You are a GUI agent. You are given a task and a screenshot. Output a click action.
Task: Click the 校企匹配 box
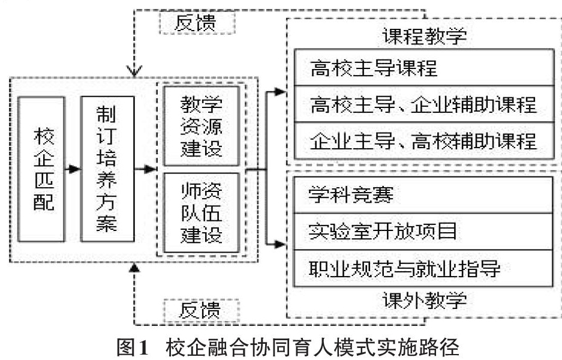pyautogui.click(x=41, y=169)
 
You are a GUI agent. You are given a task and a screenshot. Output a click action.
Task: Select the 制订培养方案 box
pyautogui.click(x=107, y=169)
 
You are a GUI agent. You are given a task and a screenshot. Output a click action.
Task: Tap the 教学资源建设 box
pyautogui.click(x=202, y=126)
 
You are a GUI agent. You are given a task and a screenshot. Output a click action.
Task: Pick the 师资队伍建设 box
pyautogui.click(x=202, y=213)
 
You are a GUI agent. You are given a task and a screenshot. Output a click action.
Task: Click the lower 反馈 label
pyautogui.click(x=202, y=310)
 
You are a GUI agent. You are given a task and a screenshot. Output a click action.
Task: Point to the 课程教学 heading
pyautogui.click(x=425, y=36)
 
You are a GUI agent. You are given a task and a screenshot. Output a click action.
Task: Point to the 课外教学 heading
pyautogui.click(x=425, y=301)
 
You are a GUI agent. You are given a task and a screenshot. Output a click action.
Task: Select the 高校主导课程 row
pyautogui.click(x=424, y=67)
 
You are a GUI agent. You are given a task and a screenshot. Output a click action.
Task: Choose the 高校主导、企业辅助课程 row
pyautogui.click(x=424, y=104)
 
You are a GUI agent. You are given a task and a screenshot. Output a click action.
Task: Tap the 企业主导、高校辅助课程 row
pyautogui.click(x=424, y=140)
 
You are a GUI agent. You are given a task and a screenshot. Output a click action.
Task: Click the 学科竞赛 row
pyautogui.click(x=423, y=195)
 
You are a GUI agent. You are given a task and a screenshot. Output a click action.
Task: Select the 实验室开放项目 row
pyautogui.click(x=423, y=232)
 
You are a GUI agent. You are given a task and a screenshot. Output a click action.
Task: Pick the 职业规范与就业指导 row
pyautogui.click(x=423, y=268)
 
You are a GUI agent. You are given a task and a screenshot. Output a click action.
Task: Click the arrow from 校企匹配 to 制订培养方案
pyautogui.click(x=73, y=169)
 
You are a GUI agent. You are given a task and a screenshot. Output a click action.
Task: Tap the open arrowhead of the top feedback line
pyautogui.click(x=134, y=71)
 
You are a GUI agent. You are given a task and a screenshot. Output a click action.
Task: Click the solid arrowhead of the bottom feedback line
pyautogui.click(x=134, y=267)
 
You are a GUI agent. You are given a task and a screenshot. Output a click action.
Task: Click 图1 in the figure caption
pyautogui.click(x=133, y=347)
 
